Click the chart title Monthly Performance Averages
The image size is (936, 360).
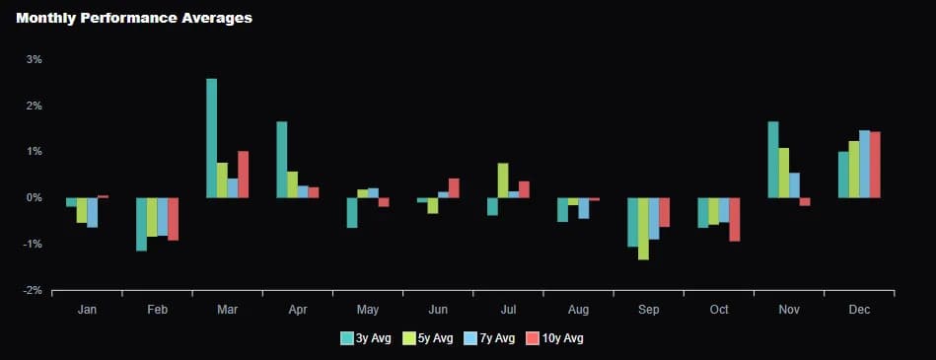click(x=134, y=18)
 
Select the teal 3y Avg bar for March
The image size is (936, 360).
click(x=211, y=138)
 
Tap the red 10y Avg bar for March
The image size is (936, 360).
click(x=243, y=175)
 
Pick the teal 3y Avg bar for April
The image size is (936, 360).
click(x=282, y=160)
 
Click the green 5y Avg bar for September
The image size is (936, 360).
click(x=643, y=228)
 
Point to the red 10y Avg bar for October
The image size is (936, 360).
click(x=734, y=219)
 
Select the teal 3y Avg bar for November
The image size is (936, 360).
click(x=773, y=160)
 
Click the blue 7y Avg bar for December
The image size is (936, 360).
click(x=864, y=164)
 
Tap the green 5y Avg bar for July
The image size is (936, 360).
click(x=503, y=180)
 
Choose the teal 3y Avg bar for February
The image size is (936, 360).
click(x=141, y=224)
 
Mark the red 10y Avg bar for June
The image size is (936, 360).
click(x=454, y=187)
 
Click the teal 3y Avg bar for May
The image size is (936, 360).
click(x=351, y=212)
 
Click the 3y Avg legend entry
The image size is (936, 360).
click(x=366, y=338)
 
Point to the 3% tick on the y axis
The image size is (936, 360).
click(x=34, y=59)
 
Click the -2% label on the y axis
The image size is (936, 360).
click(x=32, y=290)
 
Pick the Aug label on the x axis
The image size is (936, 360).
click(x=578, y=310)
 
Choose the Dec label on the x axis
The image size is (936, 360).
click(x=858, y=310)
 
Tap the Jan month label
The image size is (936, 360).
click(x=87, y=310)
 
